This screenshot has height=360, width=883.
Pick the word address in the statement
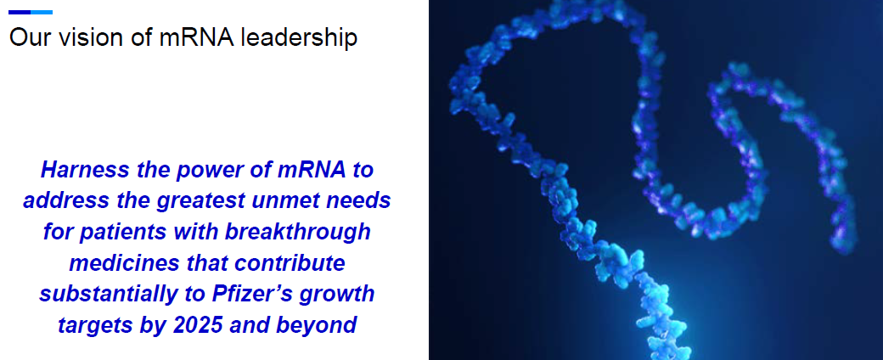(x=60, y=201)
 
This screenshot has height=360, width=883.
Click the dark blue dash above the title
(x=20, y=12)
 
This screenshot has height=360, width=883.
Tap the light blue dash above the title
(x=42, y=12)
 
